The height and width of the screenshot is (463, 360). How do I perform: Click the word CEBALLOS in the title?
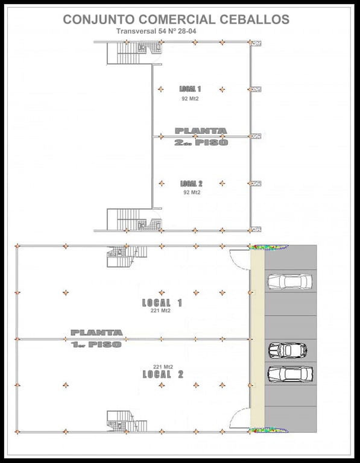tap(254, 19)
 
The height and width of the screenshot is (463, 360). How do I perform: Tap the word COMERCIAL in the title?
tap(177, 19)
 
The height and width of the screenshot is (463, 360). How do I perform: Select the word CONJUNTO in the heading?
tap(99, 19)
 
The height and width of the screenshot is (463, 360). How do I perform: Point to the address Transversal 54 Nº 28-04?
tap(156, 31)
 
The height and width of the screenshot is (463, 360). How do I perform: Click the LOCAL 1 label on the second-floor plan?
tap(190, 89)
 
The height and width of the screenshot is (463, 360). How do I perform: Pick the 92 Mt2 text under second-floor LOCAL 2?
tap(192, 192)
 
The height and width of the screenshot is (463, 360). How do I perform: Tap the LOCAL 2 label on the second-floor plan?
tap(191, 184)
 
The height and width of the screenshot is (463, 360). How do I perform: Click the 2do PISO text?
tap(201, 143)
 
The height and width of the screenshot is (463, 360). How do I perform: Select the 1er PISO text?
tap(96, 344)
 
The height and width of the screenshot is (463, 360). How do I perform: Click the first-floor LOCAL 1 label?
tap(162, 303)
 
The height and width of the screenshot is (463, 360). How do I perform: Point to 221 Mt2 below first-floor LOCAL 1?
tap(160, 310)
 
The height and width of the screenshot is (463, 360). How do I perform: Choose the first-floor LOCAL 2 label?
tap(163, 374)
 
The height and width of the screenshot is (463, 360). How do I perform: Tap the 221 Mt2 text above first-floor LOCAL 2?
tap(163, 367)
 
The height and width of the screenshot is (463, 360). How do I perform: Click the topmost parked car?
tap(289, 282)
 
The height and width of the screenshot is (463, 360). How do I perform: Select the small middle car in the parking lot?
tap(288, 350)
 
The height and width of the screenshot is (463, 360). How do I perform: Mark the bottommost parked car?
tap(290, 374)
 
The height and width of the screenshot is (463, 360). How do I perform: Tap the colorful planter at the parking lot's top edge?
tap(269, 247)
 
